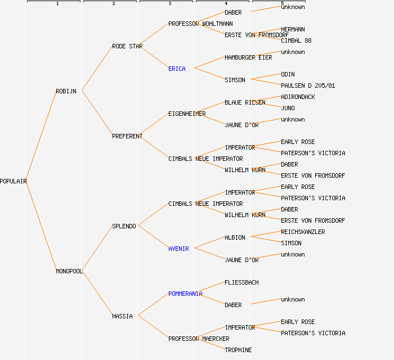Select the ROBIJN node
point(66,91)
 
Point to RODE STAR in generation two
point(127,46)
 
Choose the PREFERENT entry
point(127,136)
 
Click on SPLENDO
point(124,226)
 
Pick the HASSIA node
point(122,316)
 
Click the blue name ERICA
point(177,69)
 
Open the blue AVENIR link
point(178,249)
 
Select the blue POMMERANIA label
point(185,294)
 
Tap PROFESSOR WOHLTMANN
point(200,24)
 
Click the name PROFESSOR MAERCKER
point(199,339)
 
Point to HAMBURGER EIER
point(248,57)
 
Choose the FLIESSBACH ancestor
point(241,282)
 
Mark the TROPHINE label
point(238,350)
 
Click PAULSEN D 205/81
point(308,85)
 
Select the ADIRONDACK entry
point(298,97)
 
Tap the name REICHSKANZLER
point(303,232)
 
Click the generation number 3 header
point(169,4)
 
